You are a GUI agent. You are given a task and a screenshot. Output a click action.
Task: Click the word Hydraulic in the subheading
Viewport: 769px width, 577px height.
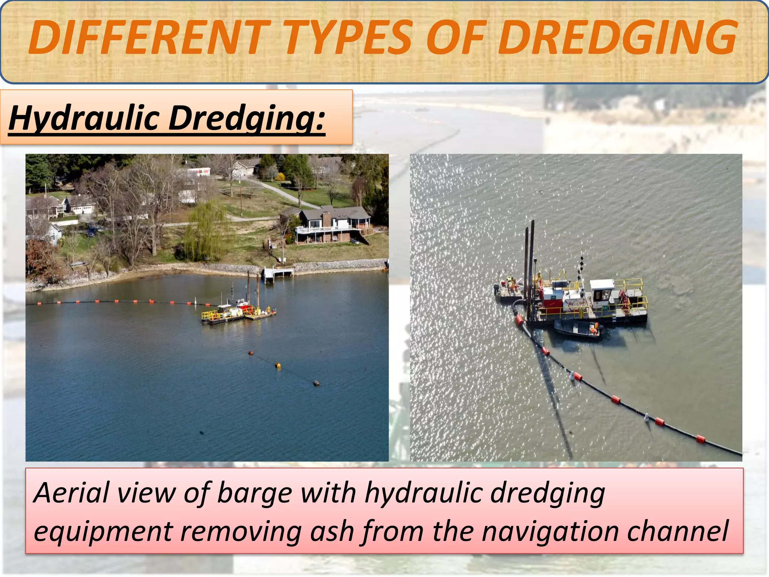[x=84, y=118]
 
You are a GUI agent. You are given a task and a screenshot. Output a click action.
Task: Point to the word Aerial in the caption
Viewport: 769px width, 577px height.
[x=71, y=493]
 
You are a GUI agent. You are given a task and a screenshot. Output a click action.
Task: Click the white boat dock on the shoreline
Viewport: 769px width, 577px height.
[x=278, y=272]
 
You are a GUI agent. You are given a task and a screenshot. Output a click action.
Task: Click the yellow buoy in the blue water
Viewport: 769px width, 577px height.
[x=277, y=366]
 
